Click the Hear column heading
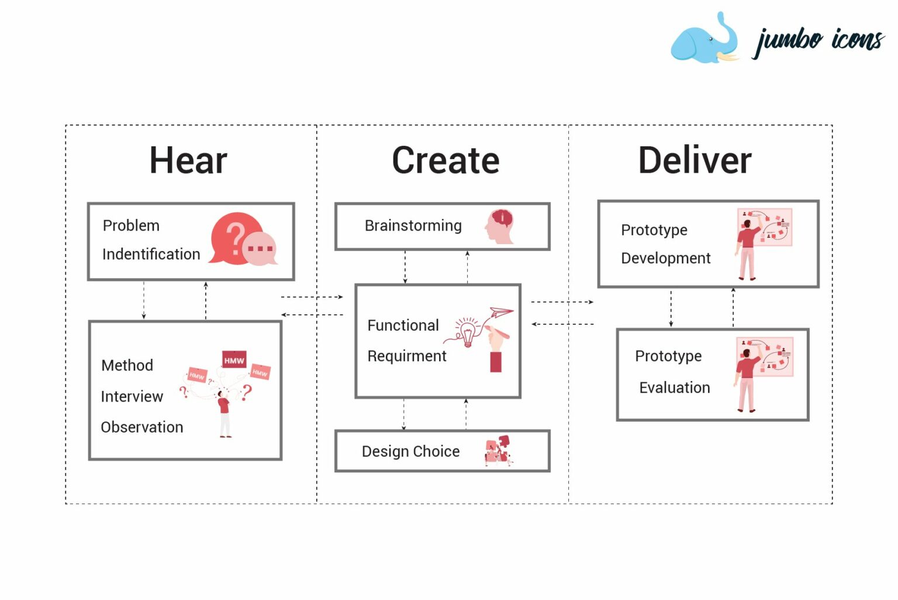188,160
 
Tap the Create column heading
445,160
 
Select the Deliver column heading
695,160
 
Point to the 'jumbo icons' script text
818,41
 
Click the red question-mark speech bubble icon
236,238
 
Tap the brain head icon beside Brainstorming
500,227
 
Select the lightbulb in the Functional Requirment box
467,333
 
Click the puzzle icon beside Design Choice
498,451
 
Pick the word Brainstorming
413,226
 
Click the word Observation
142,427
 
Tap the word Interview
132,397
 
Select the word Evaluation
674,388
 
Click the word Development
665,258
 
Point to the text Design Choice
410,451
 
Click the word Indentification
151,254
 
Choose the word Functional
403,325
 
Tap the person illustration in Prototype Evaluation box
746,378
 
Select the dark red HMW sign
234,360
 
